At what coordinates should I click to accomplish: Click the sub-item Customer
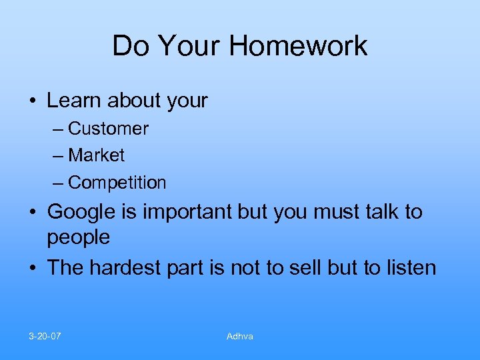point(108,128)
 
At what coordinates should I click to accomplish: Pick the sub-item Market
point(96,155)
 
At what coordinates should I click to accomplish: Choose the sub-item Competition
point(117,182)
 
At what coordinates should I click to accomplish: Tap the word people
point(79,237)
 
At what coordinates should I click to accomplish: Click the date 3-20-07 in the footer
point(45,336)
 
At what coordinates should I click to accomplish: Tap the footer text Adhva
point(239,336)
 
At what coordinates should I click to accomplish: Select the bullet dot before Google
point(32,213)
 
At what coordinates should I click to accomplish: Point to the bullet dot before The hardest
point(32,268)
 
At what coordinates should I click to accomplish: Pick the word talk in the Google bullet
point(381,212)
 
